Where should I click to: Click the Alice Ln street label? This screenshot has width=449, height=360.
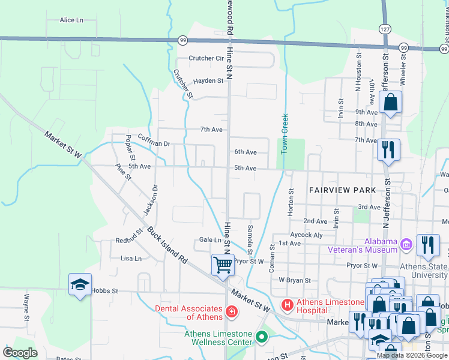[x=71, y=20]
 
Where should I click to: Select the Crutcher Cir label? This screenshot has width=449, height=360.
[x=206, y=58]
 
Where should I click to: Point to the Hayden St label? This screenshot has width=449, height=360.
[x=208, y=80]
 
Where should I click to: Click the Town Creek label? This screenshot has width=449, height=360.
[x=285, y=131]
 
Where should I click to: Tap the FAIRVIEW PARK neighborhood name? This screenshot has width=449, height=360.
[x=342, y=190]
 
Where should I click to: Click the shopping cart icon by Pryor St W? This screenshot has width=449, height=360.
[x=223, y=263]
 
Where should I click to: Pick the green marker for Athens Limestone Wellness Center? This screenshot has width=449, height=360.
[x=261, y=337]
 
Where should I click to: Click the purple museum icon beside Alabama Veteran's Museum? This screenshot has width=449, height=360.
[x=406, y=245]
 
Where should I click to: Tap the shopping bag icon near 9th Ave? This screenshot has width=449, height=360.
[x=390, y=103]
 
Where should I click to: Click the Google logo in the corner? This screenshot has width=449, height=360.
[x=20, y=353]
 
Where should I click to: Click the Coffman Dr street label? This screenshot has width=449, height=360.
[x=154, y=143]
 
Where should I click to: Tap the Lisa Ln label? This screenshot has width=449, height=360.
[x=131, y=259]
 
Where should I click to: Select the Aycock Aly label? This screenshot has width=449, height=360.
[x=306, y=235]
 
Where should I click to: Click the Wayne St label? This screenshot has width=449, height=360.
[x=27, y=298]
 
